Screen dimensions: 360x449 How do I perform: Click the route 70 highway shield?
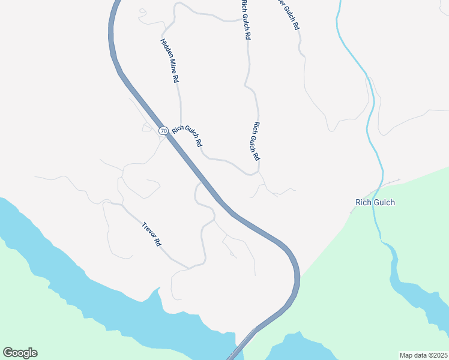[163, 130]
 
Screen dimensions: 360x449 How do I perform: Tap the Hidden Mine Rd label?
[170, 61]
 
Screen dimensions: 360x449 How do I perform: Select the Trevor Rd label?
[152, 235]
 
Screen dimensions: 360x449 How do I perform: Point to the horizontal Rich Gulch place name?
[375, 202]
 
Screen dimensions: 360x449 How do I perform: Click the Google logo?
[20, 353]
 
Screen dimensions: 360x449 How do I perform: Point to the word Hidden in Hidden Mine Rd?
[165, 47]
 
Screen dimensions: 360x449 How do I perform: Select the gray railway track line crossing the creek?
[390, 182]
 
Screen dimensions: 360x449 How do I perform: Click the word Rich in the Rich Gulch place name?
[363, 202]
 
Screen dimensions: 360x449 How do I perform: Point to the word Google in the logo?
[20, 353]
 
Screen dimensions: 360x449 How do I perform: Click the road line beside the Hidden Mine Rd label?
[180, 96]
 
